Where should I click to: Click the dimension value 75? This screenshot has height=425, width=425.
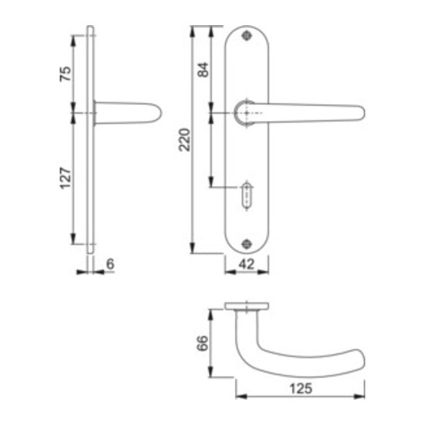tap(64, 73)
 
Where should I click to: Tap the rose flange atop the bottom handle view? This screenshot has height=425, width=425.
tap(246, 306)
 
